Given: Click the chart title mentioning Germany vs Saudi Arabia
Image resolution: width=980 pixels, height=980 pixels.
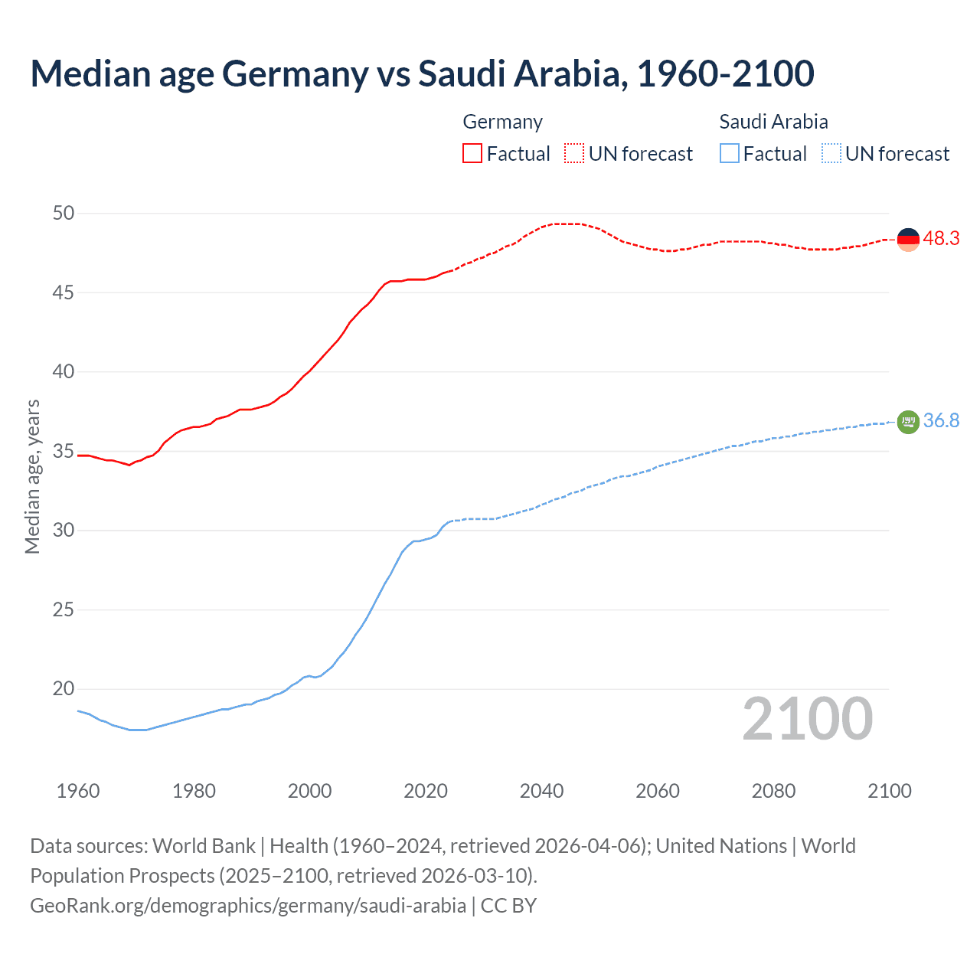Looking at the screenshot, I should click(422, 73).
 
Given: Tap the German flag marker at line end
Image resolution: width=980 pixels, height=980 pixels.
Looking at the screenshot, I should click(908, 240).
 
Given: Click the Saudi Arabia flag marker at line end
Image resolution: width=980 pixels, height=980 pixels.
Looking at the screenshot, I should click(908, 422).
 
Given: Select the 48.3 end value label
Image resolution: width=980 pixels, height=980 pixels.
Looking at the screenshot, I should click(941, 239).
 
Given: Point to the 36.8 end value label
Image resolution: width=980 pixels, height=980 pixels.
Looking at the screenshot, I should click(941, 421).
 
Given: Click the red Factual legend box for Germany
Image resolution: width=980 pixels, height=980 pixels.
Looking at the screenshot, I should click(472, 154).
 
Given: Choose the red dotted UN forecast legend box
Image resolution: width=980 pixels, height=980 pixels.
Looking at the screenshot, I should click(574, 154).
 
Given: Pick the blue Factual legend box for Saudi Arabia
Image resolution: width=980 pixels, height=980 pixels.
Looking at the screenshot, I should click(730, 154).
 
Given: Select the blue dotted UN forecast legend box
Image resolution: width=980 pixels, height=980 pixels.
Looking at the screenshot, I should click(831, 154).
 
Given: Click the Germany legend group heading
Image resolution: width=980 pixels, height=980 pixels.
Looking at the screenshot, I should click(503, 122).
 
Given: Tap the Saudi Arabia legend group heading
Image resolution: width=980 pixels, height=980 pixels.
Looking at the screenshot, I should click(773, 122).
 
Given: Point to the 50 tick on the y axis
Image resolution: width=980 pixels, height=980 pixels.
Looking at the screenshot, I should click(64, 214).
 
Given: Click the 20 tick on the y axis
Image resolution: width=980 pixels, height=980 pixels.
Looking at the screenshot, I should click(64, 689).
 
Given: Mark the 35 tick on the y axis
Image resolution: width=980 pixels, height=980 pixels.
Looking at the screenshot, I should click(64, 452).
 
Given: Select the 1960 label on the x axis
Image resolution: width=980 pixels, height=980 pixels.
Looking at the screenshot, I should click(78, 791).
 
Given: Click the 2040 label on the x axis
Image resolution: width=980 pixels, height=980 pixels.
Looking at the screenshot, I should click(541, 791).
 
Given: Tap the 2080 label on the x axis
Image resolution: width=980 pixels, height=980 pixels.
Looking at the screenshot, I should click(773, 791).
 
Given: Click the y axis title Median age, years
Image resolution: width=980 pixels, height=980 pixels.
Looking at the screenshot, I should click(32, 476).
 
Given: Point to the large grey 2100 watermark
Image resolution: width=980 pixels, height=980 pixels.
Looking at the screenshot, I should click(808, 719).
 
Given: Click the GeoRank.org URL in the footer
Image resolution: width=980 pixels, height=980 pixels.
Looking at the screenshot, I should click(248, 906).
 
